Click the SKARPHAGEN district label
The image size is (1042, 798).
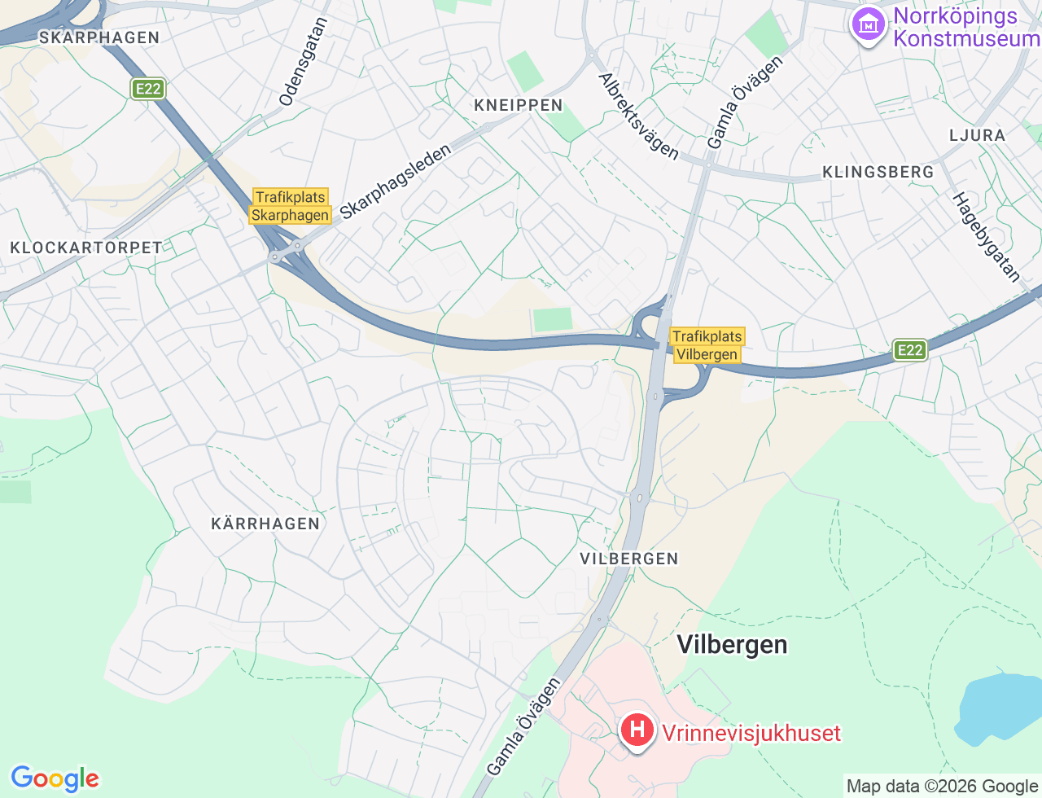click(x=99, y=37)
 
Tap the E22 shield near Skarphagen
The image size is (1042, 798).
click(x=148, y=89)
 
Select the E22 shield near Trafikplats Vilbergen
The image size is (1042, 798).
click(x=909, y=350)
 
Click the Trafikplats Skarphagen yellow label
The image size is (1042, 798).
click(x=291, y=206)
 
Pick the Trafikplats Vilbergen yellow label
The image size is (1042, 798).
click(x=707, y=345)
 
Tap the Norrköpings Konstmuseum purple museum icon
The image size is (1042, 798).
click(x=868, y=25)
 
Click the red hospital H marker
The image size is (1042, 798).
click(x=637, y=730)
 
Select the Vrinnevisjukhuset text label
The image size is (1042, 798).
click(x=751, y=733)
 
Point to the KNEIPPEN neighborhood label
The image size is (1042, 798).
click(x=519, y=105)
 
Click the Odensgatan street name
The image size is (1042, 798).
click(x=303, y=62)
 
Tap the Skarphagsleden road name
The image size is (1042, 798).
click(x=395, y=182)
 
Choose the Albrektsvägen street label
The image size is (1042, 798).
click(x=638, y=116)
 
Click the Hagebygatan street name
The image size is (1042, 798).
click(x=986, y=237)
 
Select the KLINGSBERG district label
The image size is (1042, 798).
click(x=878, y=172)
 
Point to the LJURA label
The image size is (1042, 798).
click(x=977, y=135)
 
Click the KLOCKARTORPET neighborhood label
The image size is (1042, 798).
click(x=86, y=248)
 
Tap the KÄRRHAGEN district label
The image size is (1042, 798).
click(x=265, y=524)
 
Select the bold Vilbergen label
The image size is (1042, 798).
click(x=732, y=645)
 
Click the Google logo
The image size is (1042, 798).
click(x=55, y=778)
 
